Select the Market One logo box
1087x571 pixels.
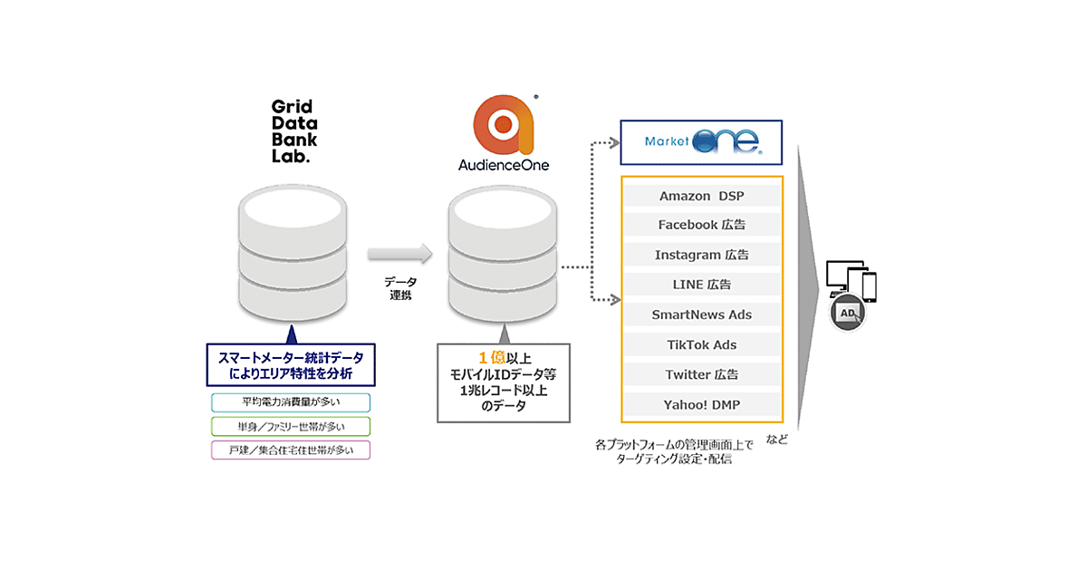coord(700,141)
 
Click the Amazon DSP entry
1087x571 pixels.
coord(700,196)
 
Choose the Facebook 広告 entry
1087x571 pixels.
coord(700,225)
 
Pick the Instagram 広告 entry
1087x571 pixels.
coord(700,255)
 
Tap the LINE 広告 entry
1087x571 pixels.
coord(700,285)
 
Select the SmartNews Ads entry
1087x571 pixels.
coord(700,315)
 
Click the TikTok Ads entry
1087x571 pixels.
coord(700,344)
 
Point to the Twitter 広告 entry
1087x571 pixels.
coord(700,374)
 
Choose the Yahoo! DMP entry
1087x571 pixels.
coord(700,404)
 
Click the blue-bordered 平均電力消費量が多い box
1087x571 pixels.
coord(291,402)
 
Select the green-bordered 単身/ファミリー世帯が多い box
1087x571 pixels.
coord(291,426)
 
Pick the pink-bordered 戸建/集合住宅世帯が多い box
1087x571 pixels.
coord(291,450)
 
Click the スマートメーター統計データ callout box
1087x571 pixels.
coord(291,364)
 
